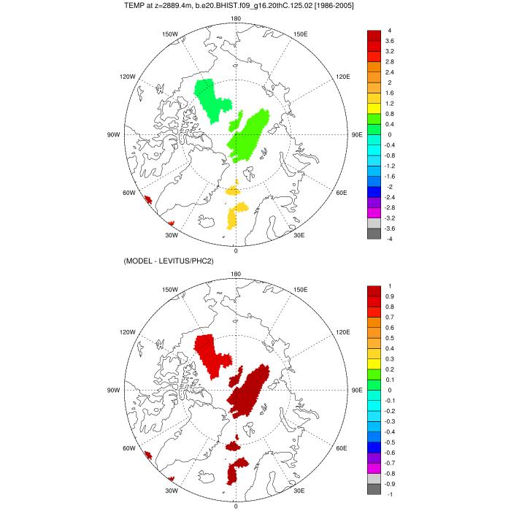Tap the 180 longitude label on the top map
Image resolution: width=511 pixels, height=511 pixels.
(236, 18)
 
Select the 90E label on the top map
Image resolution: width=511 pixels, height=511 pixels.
(357, 135)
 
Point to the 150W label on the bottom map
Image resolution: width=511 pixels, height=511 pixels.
(170, 289)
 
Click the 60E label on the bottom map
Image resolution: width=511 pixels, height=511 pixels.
(340, 448)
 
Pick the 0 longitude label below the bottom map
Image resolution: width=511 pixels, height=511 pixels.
(236, 506)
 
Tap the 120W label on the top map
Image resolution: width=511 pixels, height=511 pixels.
(128, 77)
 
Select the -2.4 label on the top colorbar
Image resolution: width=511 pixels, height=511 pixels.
(391, 197)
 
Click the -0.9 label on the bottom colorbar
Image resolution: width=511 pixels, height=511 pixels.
(391, 483)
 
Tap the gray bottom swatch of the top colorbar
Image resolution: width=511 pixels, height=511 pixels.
(374, 234)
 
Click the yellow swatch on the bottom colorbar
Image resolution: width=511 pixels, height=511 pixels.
(374, 359)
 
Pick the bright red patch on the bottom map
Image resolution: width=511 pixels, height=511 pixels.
(212, 354)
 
